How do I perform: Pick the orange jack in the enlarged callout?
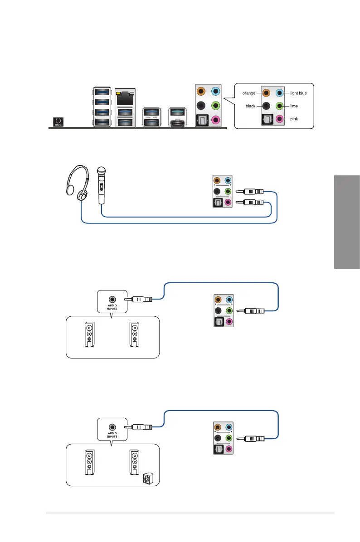266,93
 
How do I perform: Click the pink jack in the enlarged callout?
279,119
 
